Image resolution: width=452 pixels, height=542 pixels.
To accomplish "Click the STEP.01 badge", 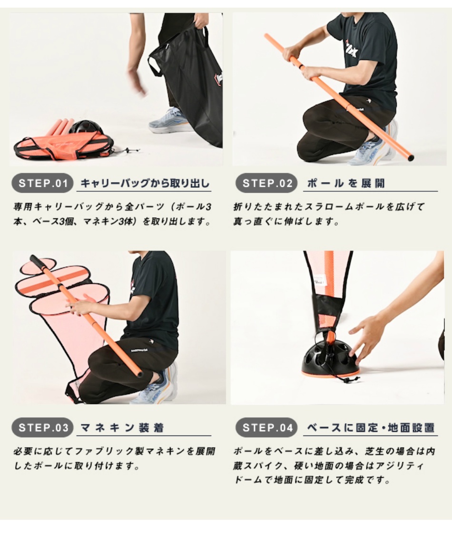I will [42, 184].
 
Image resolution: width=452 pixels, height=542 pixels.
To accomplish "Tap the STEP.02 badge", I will [266, 184].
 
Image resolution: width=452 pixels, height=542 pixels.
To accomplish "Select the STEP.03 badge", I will [42, 427].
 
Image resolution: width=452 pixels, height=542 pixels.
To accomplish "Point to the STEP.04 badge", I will [266, 427].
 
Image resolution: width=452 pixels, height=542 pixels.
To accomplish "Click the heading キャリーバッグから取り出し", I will [145, 184].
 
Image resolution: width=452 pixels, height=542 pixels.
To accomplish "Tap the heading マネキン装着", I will [122, 427].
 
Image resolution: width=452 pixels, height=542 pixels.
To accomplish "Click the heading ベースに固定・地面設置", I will [371, 427].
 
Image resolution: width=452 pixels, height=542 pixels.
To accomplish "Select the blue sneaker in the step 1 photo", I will [169, 121].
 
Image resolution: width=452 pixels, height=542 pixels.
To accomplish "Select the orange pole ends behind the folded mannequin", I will [59, 126].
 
